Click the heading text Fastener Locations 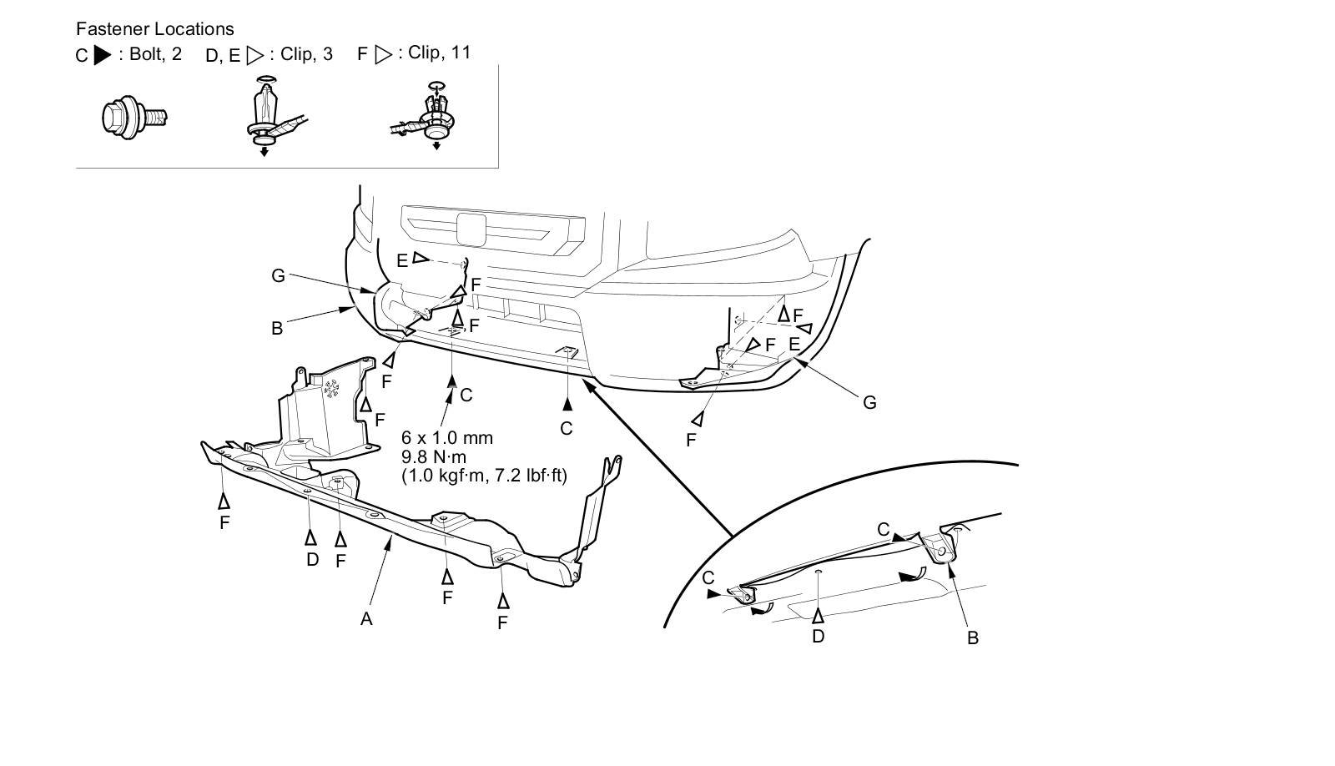[154, 29]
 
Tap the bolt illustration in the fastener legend [133, 116]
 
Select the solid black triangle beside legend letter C [103, 56]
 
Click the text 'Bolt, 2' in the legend [155, 54]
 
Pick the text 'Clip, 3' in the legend [306, 54]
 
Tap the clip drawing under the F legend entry [429, 117]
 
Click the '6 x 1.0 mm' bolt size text [446, 437]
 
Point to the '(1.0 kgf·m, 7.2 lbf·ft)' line [484, 476]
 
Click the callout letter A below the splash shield [365, 618]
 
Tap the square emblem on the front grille [471, 229]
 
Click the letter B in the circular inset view [972, 638]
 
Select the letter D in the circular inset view [818, 636]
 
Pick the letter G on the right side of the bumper [869, 402]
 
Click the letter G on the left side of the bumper [279, 275]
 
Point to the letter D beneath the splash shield [312, 559]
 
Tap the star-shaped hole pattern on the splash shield [332, 388]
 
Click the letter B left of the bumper [277, 328]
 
